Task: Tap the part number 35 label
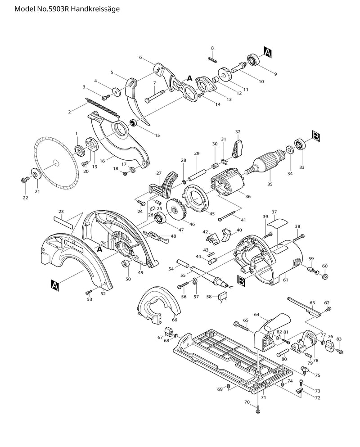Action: pos(270,184)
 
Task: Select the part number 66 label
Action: pos(175,320)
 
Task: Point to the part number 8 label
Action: pos(212,48)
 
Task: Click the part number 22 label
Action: pos(25,198)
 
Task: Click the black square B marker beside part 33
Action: pos(315,135)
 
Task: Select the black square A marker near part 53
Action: pos(55,284)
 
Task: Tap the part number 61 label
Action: pos(285,280)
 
